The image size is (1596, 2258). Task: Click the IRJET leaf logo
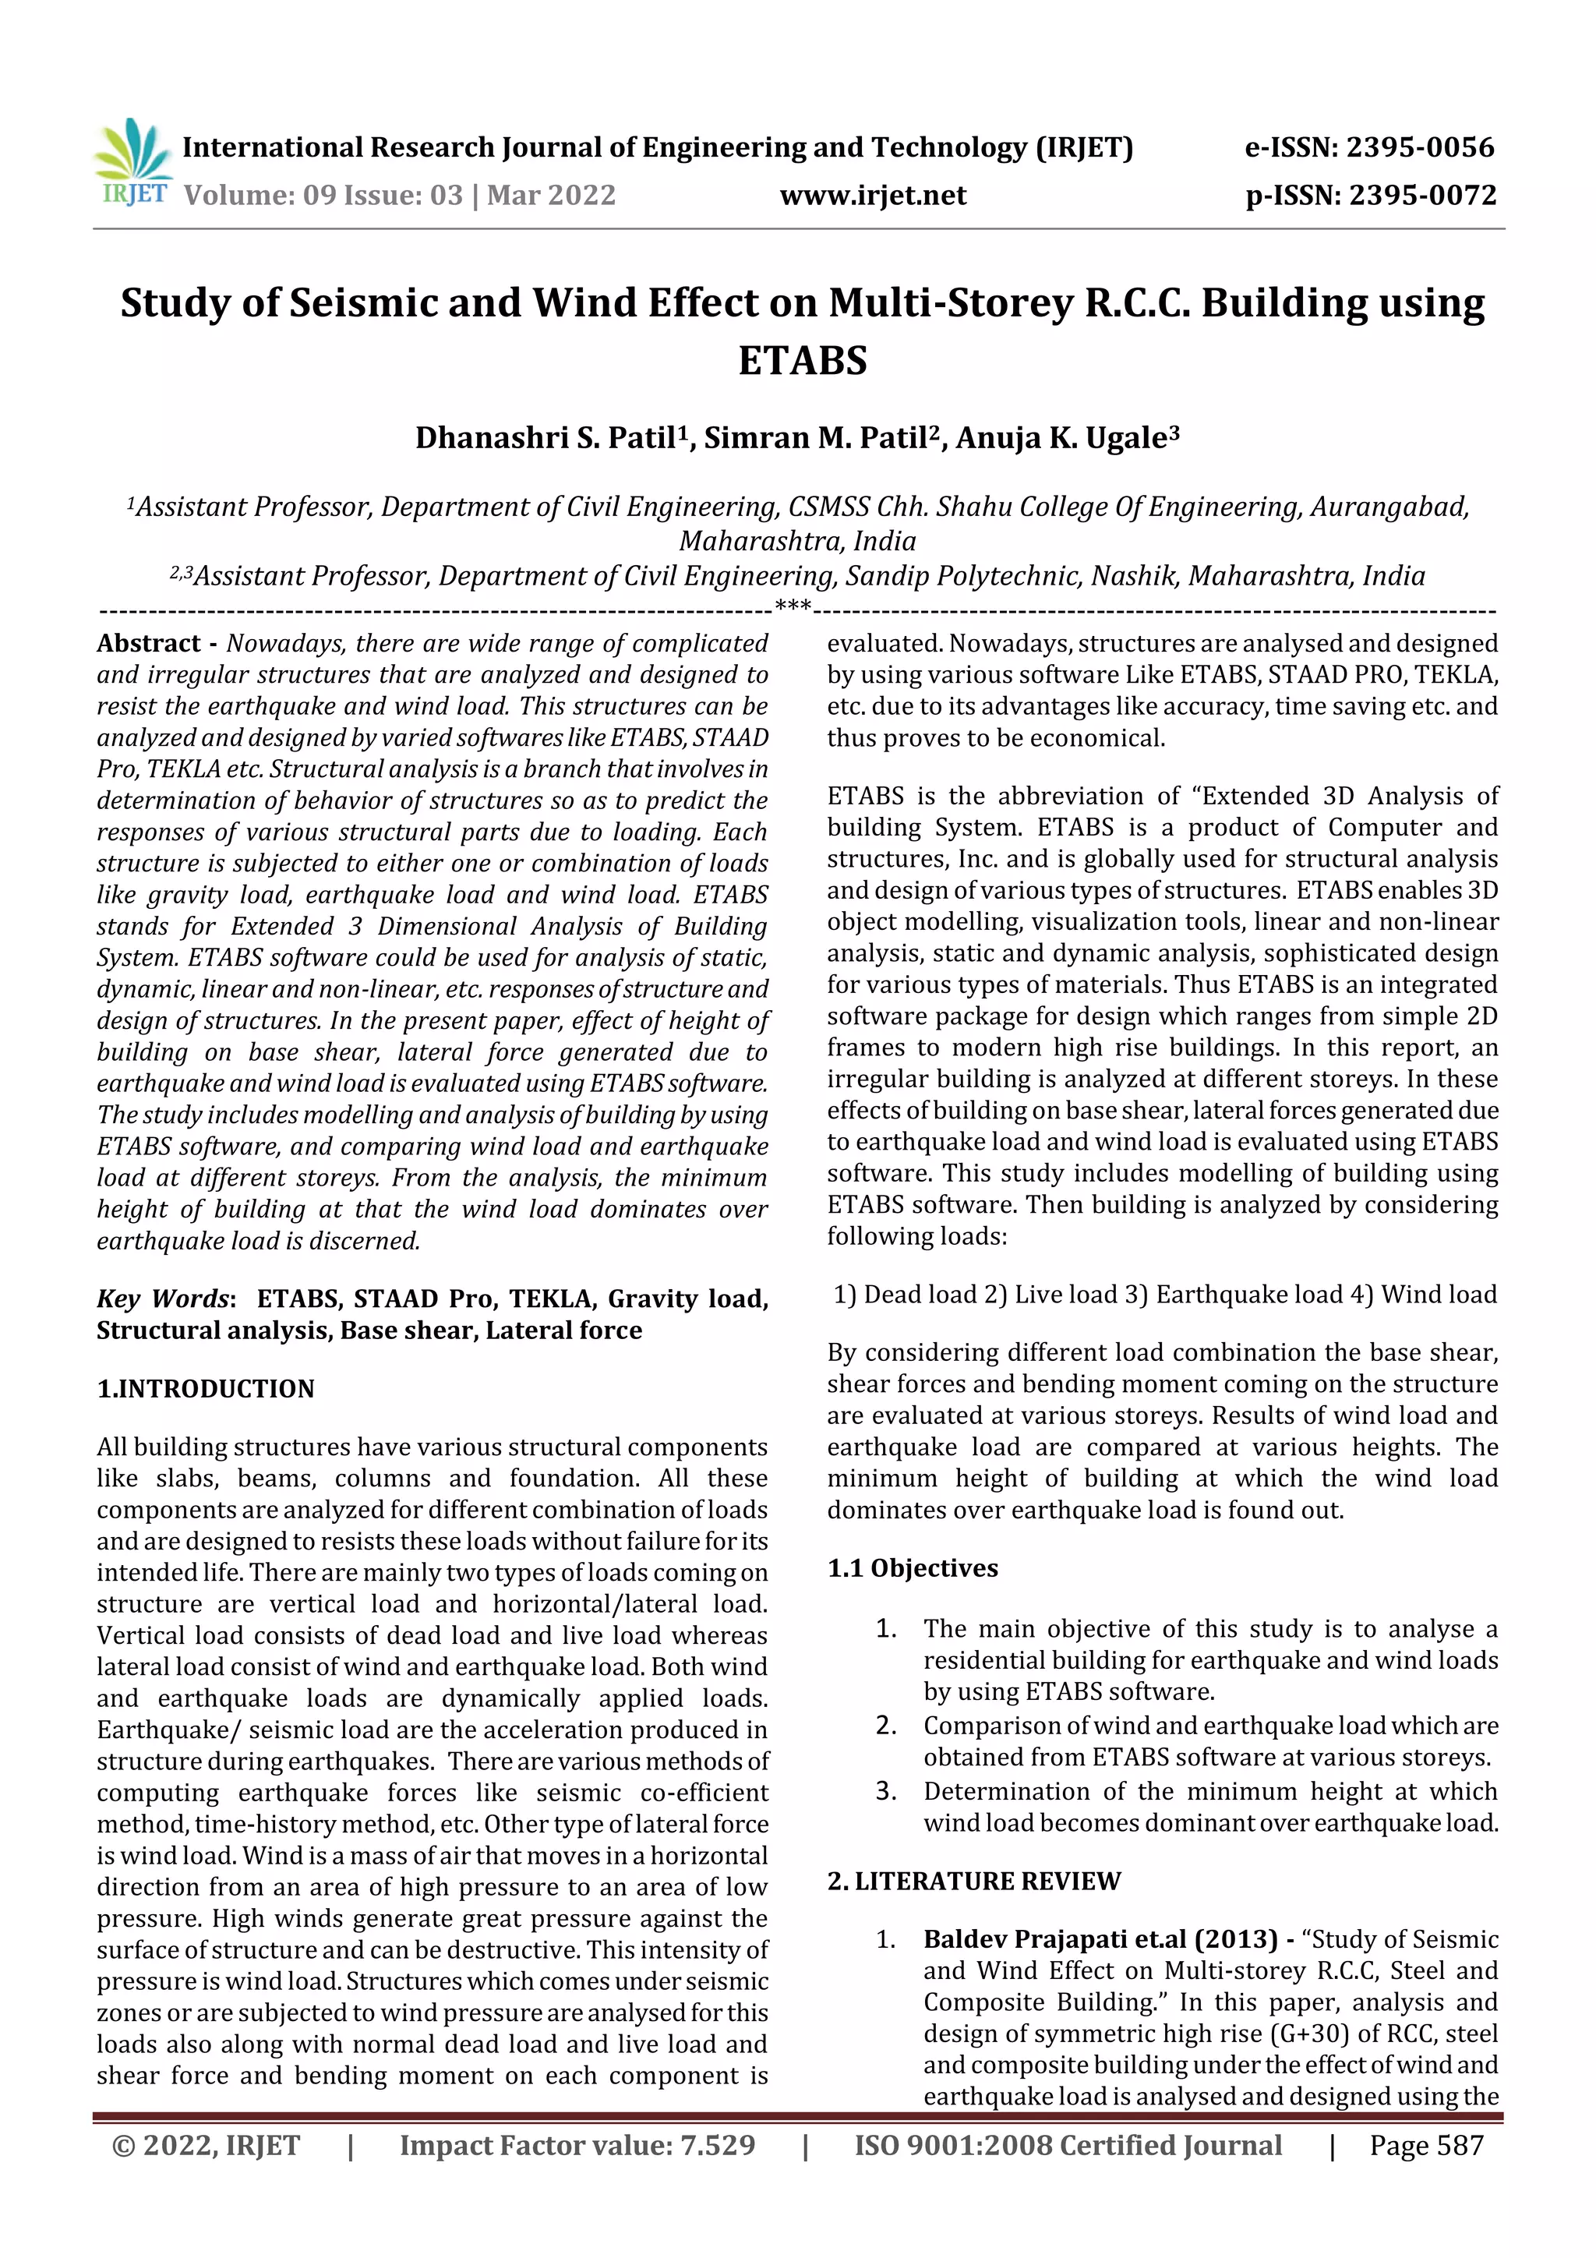[132, 157]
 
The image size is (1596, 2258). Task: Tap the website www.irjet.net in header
[872, 195]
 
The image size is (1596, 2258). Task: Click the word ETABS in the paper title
[803, 360]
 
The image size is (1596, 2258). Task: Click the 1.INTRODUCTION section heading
[206, 1389]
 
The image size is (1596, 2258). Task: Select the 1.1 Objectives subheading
[912, 1567]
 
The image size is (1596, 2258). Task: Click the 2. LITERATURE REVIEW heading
[973, 1880]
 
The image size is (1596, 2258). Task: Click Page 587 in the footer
[1426, 2145]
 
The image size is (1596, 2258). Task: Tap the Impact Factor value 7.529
[577, 2145]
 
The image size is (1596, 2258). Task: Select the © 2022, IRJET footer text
[206, 2145]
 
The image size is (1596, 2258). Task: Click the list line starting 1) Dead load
[1164, 1294]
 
